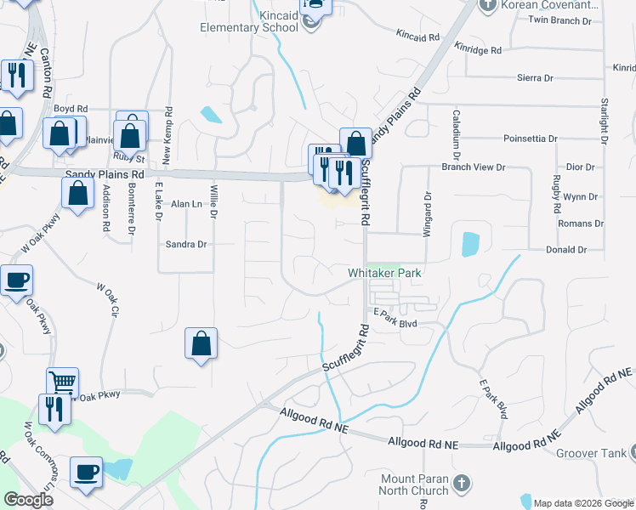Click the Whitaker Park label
384,273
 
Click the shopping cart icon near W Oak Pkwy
61,382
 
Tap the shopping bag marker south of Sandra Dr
201,344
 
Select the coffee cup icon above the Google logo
87,471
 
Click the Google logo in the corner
28,500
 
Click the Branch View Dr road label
474,167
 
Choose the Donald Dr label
566,250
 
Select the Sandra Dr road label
186,244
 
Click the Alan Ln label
187,204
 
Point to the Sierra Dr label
535,77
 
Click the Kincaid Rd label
418,36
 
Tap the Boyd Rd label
71,109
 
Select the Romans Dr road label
580,224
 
